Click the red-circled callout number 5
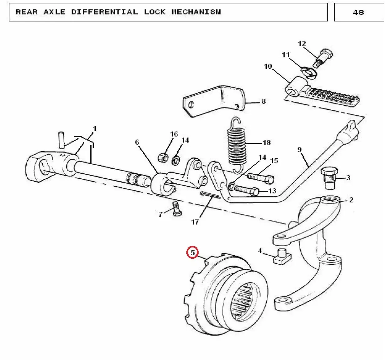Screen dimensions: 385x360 pos(193,252)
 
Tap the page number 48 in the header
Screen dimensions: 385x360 pos(358,13)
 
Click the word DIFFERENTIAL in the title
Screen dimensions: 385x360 pos(104,12)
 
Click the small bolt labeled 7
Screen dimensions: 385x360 pos(176,209)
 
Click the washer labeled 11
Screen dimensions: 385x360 pos(309,72)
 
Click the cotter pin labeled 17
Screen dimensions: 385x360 pos(210,195)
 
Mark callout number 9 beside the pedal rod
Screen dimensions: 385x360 pos(300,149)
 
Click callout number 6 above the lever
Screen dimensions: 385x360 pos(137,142)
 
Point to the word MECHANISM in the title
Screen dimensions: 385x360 pos(196,12)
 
